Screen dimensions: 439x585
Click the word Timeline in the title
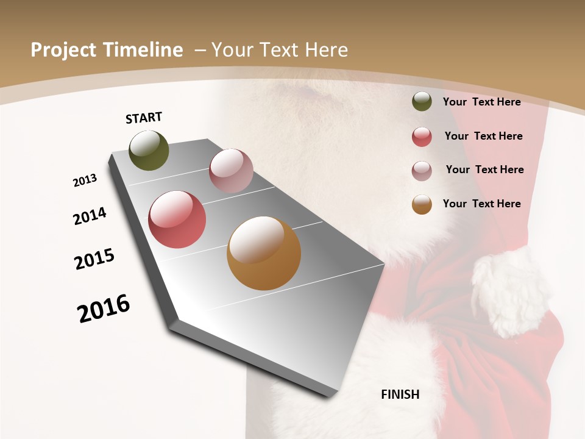[x=143, y=50]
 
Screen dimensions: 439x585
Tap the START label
[x=144, y=118]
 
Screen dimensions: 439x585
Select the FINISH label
[x=400, y=394]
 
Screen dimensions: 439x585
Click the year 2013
[x=85, y=180]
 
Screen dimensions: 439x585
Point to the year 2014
[x=90, y=216]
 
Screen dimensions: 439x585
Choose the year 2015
[x=94, y=259]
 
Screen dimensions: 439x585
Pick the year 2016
[x=104, y=309]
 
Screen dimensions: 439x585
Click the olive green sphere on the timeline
[x=149, y=150]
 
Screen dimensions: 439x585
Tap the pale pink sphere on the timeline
[x=231, y=171]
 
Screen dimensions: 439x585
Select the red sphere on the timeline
[x=177, y=220]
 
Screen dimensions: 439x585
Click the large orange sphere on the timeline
[x=264, y=253]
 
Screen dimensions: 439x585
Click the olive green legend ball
[x=422, y=101]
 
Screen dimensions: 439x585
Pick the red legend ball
[x=422, y=137]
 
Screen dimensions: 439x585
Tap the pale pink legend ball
[x=422, y=171]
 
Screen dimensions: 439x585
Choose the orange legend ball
[x=422, y=204]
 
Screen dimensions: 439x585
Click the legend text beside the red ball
[x=483, y=136]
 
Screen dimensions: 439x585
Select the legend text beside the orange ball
[x=481, y=204]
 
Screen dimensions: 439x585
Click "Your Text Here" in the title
[x=280, y=50]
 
